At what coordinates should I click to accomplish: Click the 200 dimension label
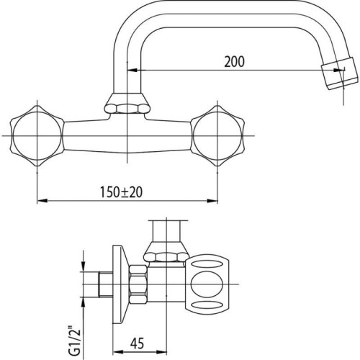click(x=235, y=61)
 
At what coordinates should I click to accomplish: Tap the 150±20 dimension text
click(x=121, y=192)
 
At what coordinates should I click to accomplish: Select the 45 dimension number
click(x=138, y=343)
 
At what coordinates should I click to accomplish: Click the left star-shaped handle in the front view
click(x=37, y=136)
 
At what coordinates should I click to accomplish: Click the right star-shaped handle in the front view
click(x=217, y=136)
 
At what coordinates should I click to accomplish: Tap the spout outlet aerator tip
click(x=341, y=73)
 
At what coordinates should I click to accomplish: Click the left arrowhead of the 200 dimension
click(x=132, y=70)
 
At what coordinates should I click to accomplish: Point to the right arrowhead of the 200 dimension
click(x=339, y=70)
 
